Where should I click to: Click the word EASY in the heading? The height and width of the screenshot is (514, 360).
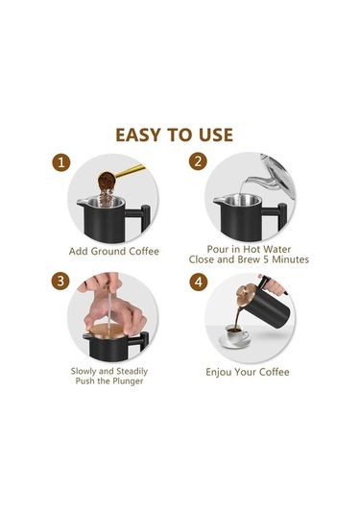[x=138, y=135]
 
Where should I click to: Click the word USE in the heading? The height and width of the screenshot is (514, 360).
[x=216, y=135]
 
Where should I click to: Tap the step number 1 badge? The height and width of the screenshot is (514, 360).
[x=60, y=162]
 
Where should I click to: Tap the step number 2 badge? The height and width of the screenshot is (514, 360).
[x=198, y=161]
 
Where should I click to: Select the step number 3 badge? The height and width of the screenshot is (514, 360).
[x=60, y=281]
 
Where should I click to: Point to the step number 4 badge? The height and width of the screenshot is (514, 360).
[x=199, y=281]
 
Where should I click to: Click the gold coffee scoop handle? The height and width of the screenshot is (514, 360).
[x=130, y=171]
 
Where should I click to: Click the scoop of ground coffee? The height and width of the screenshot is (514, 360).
[x=107, y=180]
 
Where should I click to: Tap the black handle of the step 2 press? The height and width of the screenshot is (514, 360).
[x=278, y=216]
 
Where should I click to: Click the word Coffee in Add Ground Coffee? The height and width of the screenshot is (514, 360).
[x=144, y=252]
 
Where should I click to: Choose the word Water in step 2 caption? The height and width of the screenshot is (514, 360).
[x=277, y=249]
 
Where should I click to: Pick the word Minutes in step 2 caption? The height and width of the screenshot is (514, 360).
[x=291, y=259]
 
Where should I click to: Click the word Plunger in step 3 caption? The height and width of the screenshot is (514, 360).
[x=128, y=381]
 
